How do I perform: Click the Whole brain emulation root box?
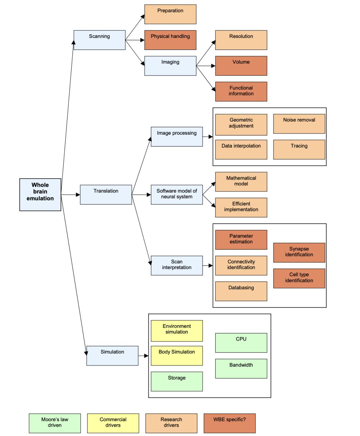40,195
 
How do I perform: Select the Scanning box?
99,40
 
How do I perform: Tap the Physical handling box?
170,40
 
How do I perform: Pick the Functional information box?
241,91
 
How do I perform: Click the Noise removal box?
299,124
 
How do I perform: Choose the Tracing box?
299,149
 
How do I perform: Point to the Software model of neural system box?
177,194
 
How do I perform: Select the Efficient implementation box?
241,207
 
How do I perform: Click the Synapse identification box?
299,252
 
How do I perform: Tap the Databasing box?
241,291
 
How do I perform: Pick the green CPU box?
241,343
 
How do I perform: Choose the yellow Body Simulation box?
177,355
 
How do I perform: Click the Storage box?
177,381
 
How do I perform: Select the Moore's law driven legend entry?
55,423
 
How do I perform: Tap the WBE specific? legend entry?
229,423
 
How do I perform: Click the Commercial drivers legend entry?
113,423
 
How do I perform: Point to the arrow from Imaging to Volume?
206,66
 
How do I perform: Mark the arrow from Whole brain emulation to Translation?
71,195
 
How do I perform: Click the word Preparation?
170,11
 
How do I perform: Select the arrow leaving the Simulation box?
143,356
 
